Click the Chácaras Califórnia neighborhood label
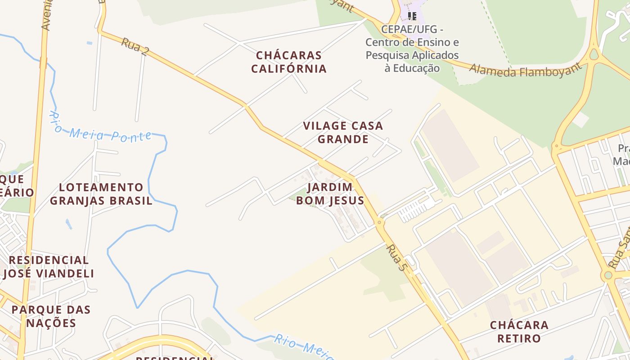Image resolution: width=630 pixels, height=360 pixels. (289, 62)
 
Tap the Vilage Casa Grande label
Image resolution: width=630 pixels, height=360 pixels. (343, 132)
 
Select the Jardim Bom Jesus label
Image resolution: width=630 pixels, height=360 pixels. (330, 193)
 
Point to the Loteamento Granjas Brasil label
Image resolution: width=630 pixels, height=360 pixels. (101, 194)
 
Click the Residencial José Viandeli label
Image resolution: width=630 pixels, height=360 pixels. (49, 267)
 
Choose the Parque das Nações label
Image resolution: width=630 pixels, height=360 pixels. (51, 316)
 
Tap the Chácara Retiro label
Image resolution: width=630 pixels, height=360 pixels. (519, 332)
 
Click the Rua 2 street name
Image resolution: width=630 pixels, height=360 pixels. (135, 46)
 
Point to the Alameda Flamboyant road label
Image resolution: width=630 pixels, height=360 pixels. (525, 70)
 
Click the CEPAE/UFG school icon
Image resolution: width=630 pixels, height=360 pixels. (412, 17)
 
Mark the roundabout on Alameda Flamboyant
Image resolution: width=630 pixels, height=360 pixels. (594, 55)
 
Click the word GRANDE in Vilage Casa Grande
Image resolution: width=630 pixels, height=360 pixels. (343, 139)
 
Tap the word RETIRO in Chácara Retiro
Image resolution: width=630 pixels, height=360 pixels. (519, 338)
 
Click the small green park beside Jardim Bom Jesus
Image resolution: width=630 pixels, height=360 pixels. (298, 197)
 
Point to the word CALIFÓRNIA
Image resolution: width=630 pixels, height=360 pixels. (289, 69)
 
